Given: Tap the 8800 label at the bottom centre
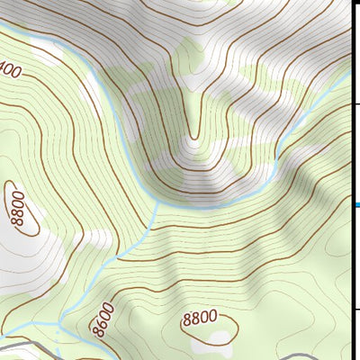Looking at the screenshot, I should [x=200, y=317].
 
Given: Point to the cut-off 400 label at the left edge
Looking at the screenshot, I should [x=11, y=69].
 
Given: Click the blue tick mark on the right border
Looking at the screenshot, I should [x=357, y=206].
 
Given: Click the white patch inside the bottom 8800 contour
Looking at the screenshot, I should [x=219, y=337].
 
